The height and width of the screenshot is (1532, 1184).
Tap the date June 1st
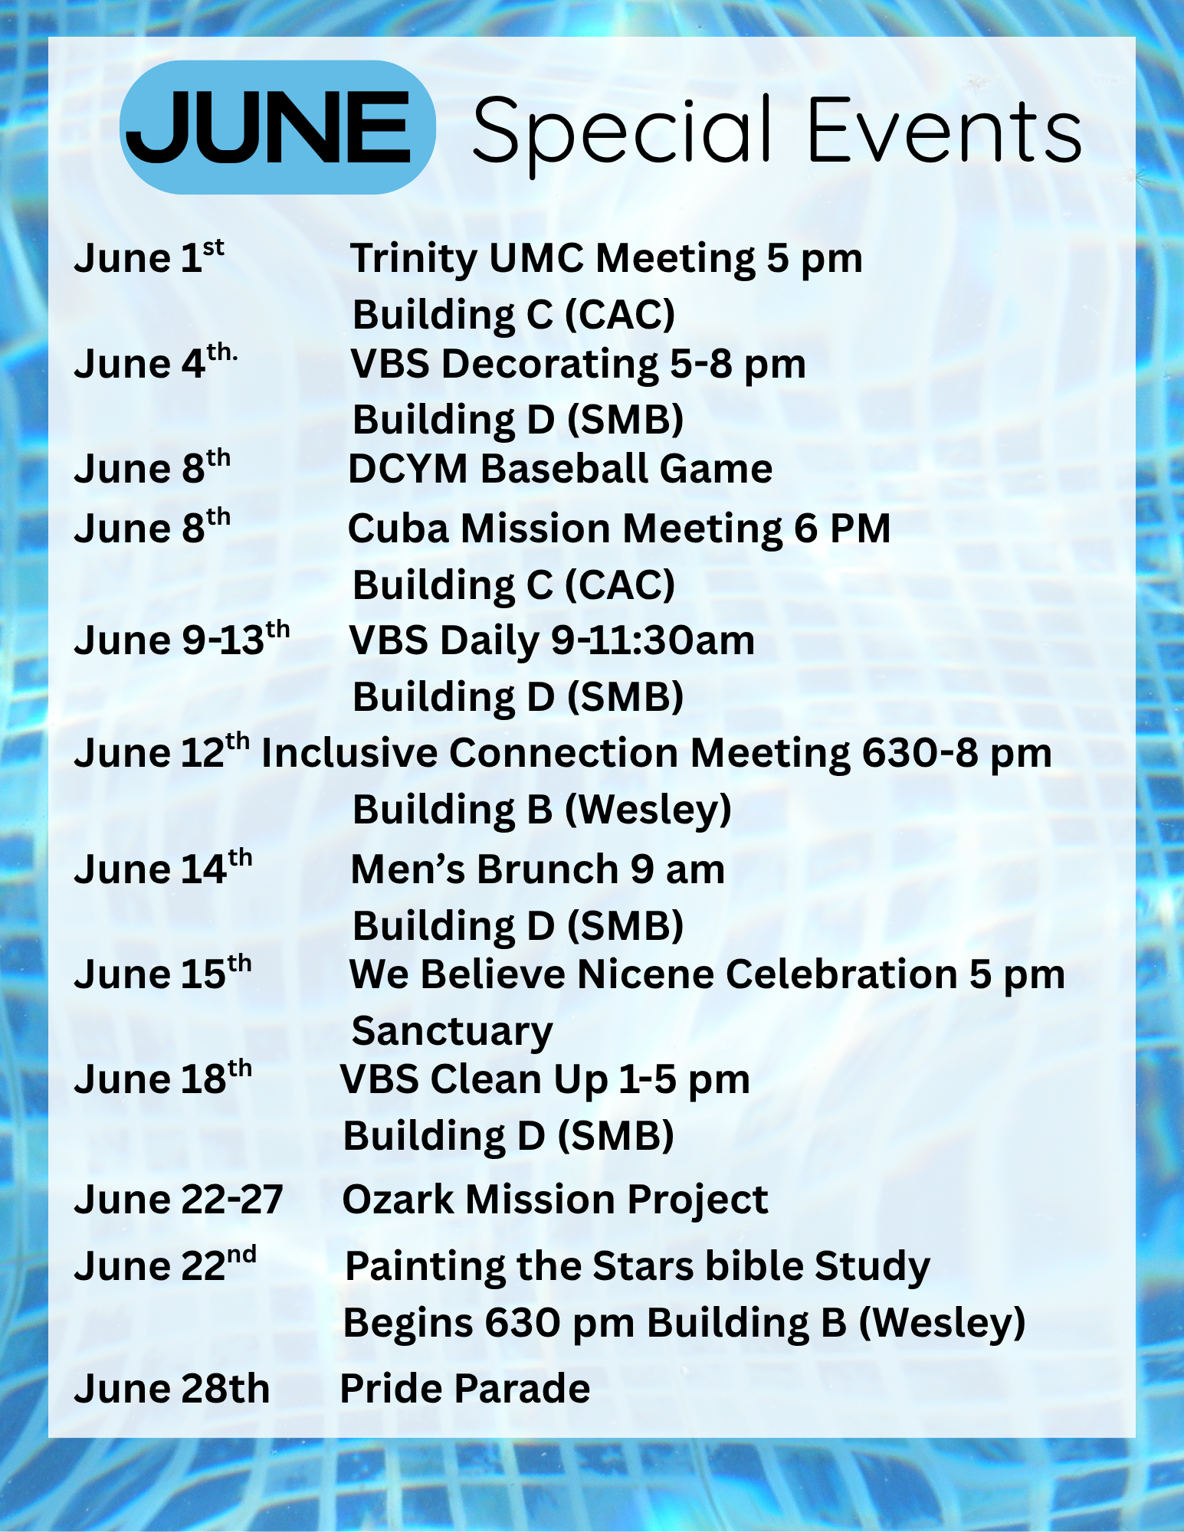[149, 257]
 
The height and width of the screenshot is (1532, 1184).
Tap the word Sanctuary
[452, 1031]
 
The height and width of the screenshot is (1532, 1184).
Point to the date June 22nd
[166, 1265]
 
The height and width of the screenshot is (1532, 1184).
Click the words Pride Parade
[465, 1389]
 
